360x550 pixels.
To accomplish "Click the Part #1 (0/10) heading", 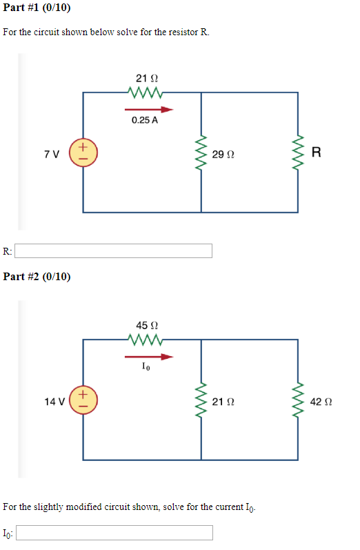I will (x=36, y=8).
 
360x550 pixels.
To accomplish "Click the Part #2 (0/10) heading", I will (x=37, y=277).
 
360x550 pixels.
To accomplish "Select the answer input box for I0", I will (x=114, y=533).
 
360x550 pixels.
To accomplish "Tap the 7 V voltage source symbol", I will (x=82, y=152).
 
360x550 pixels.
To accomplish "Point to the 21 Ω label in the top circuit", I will (x=144, y=79).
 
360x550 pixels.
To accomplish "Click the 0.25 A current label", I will (x=144, y=120).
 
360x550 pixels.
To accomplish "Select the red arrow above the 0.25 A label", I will (x=148, y=108).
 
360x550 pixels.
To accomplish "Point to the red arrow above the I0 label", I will (x=148, y=357).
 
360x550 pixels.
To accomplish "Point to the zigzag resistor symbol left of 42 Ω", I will (x=299, y=401).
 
